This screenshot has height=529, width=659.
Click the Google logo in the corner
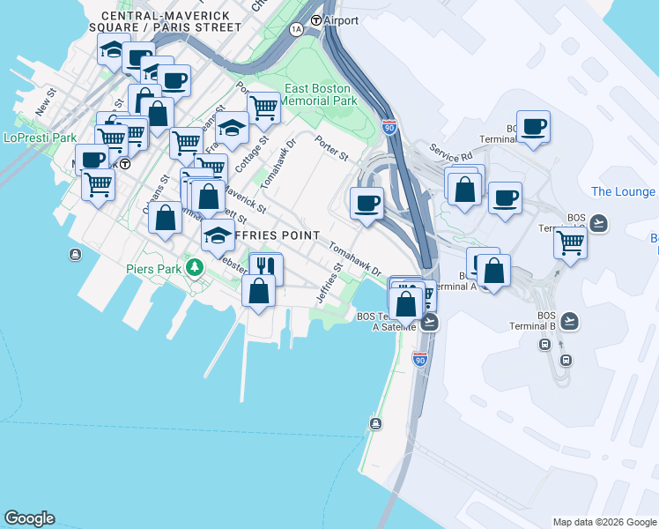pos(29,518)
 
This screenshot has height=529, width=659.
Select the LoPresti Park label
pos(40,138)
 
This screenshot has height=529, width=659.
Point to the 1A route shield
pos(296,29)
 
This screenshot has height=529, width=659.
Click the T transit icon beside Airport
pos(315,19)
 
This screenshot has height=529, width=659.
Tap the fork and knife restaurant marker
pos(265,266)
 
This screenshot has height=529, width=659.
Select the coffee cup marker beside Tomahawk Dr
pos(367,203)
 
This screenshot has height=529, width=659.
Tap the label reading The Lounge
pos(623,191)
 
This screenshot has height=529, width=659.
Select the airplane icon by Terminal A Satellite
pos(430,323)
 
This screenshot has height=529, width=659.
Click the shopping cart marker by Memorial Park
pos(263,108)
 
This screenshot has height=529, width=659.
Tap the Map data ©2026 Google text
pos(604,522)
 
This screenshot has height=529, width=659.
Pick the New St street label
pos(45,102)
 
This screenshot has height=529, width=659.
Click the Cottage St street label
pos(257,154)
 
